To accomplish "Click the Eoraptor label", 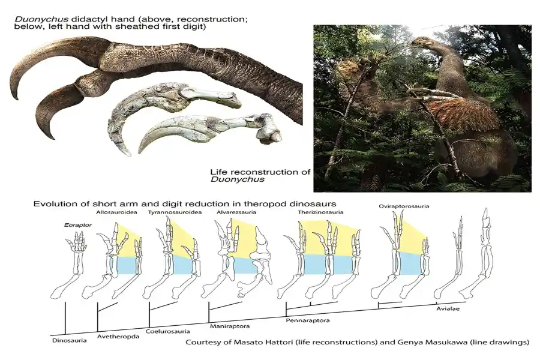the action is click(78, 225).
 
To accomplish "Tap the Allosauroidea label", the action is click(116, 212).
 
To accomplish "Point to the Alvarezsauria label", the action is click(236, 212).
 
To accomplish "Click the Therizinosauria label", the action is click(320, 212).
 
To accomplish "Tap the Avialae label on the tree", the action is click(448, 308).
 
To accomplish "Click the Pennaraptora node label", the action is click(308, 320).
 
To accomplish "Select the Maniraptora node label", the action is click(230, 326).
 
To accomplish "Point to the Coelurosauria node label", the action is click(168, 331).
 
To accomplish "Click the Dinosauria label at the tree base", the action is click(69, 341).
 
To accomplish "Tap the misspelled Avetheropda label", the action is click(118, 337).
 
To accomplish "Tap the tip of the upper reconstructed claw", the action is click(17, 99).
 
